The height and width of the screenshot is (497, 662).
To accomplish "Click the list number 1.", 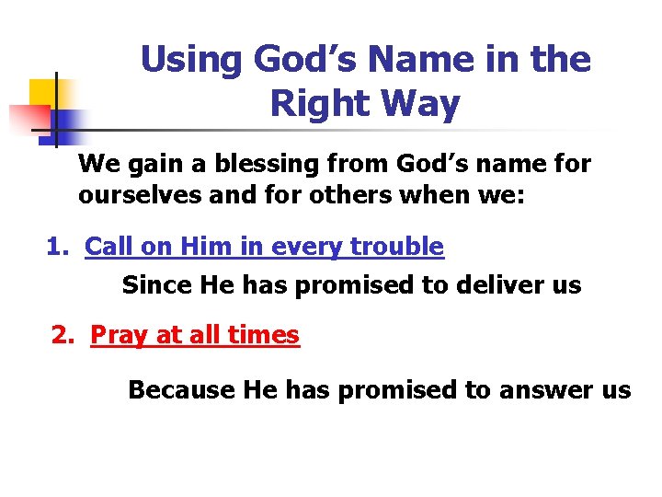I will coord(56,247).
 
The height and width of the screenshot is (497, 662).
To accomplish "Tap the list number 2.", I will coord(62,334).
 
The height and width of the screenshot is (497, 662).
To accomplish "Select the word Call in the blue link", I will coord(108,247).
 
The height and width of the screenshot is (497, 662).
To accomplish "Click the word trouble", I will coord(400,247).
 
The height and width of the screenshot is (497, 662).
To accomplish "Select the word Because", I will coord(181,389).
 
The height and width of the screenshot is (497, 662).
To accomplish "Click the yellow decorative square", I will coord(43,92).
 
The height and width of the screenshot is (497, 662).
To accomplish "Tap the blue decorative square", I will coord(66,121).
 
